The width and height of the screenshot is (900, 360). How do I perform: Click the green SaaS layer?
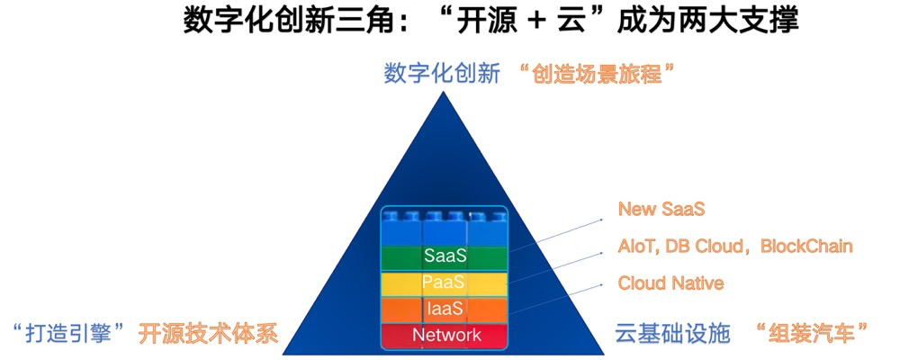click(x=445, y=256)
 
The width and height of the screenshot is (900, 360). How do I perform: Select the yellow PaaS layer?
click(x=445, y=283)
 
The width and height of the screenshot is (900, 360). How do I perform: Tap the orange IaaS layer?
click(x=445, y=309)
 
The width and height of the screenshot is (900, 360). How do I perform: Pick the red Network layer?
click(x=445, y=336)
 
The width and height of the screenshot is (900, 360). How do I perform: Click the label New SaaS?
click(x=661, y=209)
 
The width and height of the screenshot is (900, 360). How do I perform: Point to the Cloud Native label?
click(x=670, y=283)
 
